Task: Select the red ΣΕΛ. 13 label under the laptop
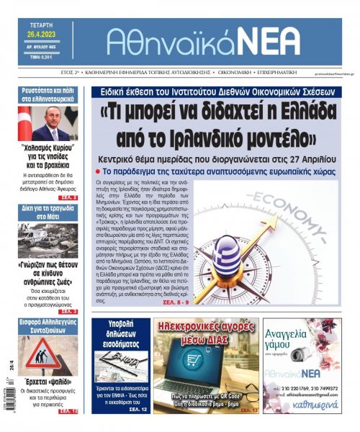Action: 246,410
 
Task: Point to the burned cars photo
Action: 49,240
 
